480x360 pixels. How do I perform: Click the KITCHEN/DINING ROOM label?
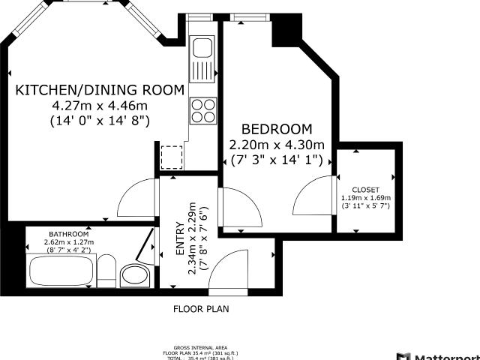100,90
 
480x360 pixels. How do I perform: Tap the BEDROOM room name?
276,129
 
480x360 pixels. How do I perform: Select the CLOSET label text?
366,190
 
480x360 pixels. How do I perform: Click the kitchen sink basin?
202,49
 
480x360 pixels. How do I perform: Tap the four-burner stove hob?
202,110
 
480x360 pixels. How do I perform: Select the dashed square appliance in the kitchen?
172,156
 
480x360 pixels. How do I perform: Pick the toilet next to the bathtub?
107,268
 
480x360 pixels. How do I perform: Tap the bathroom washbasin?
136,274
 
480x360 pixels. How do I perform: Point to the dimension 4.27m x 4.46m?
100,105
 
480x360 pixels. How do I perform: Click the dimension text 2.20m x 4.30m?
276,145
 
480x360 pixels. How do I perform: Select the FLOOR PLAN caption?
201,308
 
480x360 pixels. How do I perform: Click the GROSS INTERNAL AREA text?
201,347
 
